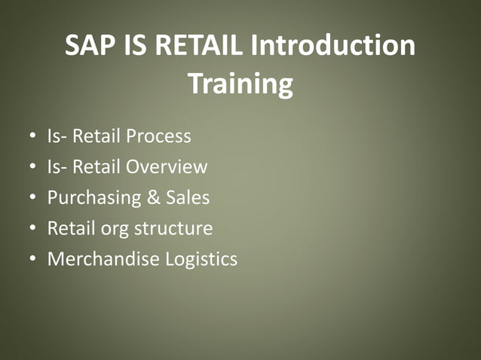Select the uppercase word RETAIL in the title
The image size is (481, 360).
click(204, 47)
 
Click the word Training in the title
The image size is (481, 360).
click(240, 84)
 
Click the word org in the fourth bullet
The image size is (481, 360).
click(113, 229)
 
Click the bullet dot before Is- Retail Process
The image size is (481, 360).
click(32, 137)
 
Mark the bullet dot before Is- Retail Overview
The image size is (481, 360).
click(32, 167)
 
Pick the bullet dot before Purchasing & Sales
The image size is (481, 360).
click(32, 198)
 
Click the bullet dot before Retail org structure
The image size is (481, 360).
click(32, 228)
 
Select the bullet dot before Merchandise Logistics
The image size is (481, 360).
click(32, 259)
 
